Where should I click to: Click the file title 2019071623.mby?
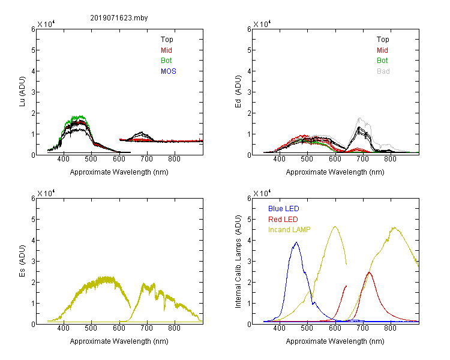click(x=119, y=18)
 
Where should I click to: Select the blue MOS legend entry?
click(x=169, y=71)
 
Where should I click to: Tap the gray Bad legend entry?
click(x=383, y=71)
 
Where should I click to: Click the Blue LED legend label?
click(x=284, y=209)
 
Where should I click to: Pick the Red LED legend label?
click(x=283, y=220)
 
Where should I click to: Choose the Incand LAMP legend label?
click(x=289, y=230)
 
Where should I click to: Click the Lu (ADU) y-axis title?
click(x=22, y=92)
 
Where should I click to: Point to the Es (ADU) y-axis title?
click(x=22, y=260)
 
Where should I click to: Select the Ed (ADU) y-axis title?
click(x=238, y=92)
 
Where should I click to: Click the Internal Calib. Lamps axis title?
click(x=238, y=261)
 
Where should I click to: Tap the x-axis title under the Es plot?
click(x=119, y=341)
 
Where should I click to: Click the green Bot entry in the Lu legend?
click(x=166, y=61)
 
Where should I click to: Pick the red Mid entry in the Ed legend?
click(x=382, y=50)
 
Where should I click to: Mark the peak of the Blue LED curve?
click(x=296, y=242)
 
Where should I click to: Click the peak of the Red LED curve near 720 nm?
click(x=369, y=272)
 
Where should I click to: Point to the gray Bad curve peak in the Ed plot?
click(x=359, y=118)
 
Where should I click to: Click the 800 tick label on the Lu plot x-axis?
click(x=174, y=159)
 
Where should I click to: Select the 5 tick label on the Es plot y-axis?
click(x=33, y=220)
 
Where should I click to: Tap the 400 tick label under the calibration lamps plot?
click(x=279, y=328)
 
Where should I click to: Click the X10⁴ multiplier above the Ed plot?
click(x=262, y=24)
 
